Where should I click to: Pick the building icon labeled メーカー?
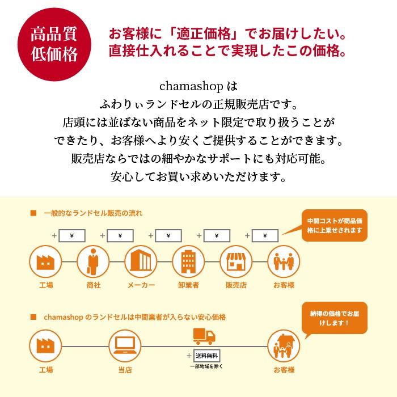[x=140, y=260]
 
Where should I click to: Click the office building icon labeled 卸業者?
[x=188, y=260]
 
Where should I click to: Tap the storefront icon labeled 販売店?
[x=235, y=260]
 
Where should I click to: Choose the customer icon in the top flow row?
[x=283, y=260]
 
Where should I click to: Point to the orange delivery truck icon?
[x=205, y=337]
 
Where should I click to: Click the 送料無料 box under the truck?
[x=206, y=356]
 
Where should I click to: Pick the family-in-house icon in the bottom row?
[x=283, y=344]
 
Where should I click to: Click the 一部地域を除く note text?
[x=206, y=366]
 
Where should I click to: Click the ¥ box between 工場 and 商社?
[x=71, y=235]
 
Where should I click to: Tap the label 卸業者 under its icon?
[x=188, y=285]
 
